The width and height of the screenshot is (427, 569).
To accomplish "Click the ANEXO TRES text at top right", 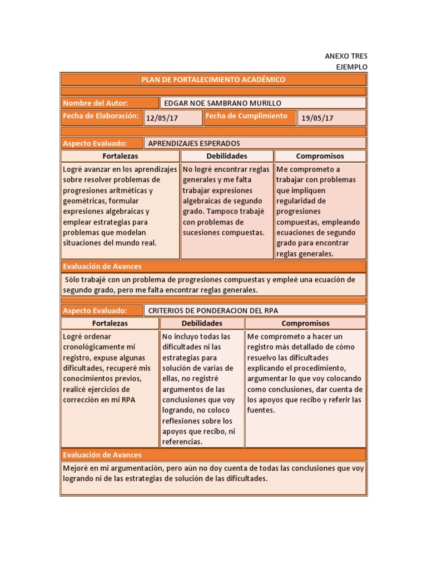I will [346, 56].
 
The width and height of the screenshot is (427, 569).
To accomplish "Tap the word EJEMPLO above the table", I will [352, 67].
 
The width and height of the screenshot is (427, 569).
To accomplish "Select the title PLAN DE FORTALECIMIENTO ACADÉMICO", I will [213, 79].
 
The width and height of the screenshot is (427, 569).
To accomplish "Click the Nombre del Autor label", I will [96, 103].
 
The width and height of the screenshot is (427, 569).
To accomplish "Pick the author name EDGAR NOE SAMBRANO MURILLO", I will [222, 103].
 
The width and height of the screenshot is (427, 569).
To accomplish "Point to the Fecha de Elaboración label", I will [101, 116].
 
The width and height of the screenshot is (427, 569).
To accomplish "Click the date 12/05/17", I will [162, 118].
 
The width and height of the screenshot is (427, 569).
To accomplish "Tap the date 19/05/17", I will [317, 118].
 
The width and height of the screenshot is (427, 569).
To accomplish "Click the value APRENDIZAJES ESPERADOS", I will [194, 143].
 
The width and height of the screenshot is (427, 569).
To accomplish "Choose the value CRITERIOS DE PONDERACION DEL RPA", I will [213, 311].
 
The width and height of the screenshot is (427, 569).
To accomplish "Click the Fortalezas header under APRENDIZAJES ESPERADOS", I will [120, 156].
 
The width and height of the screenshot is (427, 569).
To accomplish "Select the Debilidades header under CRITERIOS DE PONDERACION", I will [202, 323].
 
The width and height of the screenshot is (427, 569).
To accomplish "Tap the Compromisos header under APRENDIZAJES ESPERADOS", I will [320, 156].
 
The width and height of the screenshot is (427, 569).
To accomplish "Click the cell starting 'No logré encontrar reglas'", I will [226, 201].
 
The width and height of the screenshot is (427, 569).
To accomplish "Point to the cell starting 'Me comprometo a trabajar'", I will [320, 211].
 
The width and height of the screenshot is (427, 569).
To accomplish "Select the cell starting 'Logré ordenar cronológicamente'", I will [109, 368].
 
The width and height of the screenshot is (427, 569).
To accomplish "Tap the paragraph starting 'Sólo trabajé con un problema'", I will [213, 284].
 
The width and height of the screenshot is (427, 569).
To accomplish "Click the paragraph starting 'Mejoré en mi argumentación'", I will [213, 473].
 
